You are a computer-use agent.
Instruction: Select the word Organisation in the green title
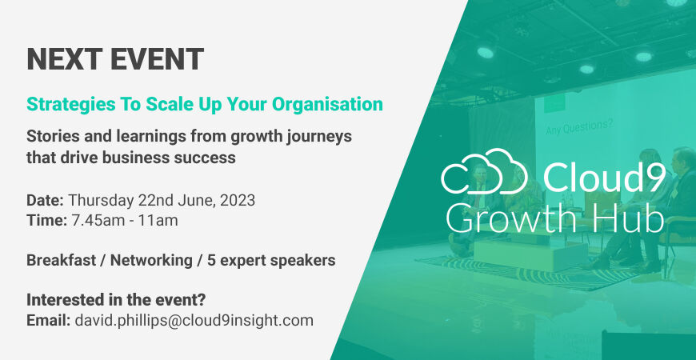pyautogui.click(x=327, y=104)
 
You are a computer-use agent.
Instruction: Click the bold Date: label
pyautogui.click(x=46, y=200)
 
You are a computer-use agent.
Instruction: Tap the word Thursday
pyautogui.click(x=101, y=201)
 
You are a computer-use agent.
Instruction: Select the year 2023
pyautogui.click(x=238, y=200)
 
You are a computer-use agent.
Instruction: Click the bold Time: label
pyautogui.click(x=46, y=220)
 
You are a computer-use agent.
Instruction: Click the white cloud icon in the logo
pyautogui.click(x=484, y=171)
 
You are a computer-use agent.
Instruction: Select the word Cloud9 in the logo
pyautogui.click(x=604, y=176)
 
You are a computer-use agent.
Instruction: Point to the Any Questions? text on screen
pyautogui.click(x=579, y=127)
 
